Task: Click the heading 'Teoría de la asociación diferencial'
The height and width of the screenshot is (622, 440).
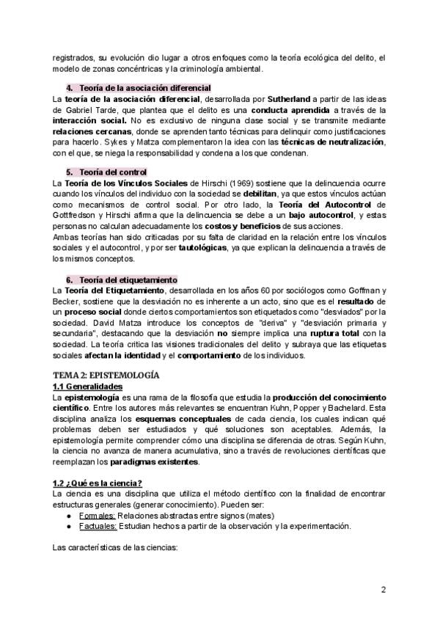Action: [144, 87]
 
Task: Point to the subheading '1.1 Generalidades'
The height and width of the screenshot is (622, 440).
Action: [88, 387]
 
